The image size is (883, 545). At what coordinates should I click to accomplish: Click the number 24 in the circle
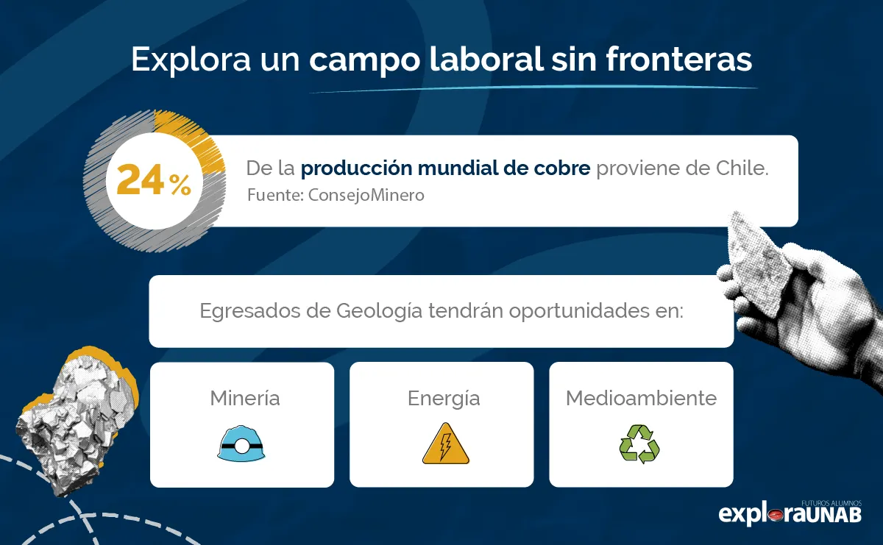[141, 181]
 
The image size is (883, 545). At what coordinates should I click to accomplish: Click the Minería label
[244, 399]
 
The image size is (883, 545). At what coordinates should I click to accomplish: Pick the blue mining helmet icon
[241, 444]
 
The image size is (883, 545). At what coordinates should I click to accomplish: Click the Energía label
[444, 399]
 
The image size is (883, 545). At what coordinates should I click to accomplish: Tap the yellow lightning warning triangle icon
[445, 444]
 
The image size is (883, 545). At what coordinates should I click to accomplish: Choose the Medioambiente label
[641, 399]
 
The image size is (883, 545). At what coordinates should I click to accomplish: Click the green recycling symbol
[639, 444]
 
